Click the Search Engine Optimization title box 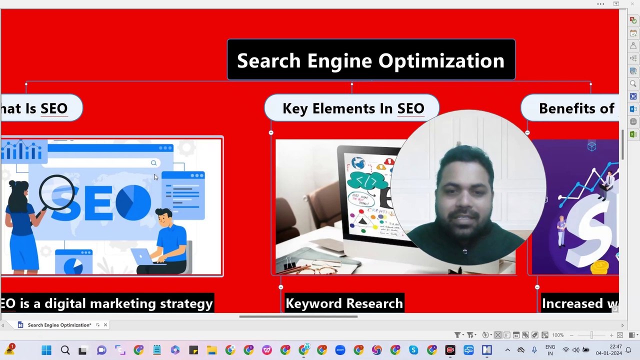[370, 60]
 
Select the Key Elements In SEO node [352, 108]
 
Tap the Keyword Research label [344, 303]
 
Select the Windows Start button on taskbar [46, 350]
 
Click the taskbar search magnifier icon [65, 350]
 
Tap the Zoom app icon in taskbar [340, 350]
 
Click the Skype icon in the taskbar [413, 350]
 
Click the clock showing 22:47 [615, 346]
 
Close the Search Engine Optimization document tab [105, 325]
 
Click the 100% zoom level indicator [558, 335]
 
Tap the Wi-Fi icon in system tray [566, 350]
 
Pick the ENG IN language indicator [550, 350]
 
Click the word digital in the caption [66, 303]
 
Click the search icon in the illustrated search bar [153, 163]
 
